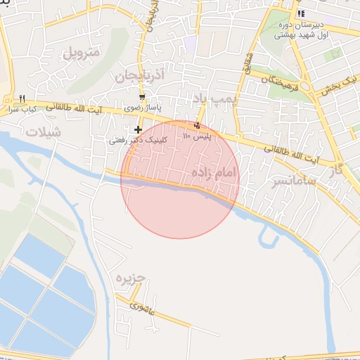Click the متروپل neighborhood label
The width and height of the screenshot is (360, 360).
click(82, 52)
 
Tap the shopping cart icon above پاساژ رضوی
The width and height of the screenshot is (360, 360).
click(142, 97)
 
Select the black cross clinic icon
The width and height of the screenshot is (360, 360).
click(138, 129)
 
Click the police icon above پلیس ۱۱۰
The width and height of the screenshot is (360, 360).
click(197, 126)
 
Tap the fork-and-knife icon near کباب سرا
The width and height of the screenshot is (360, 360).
click(22, 98)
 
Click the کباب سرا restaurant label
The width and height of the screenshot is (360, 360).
click(22, 109)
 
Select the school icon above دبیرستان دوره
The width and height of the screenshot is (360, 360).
click(301, 13)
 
